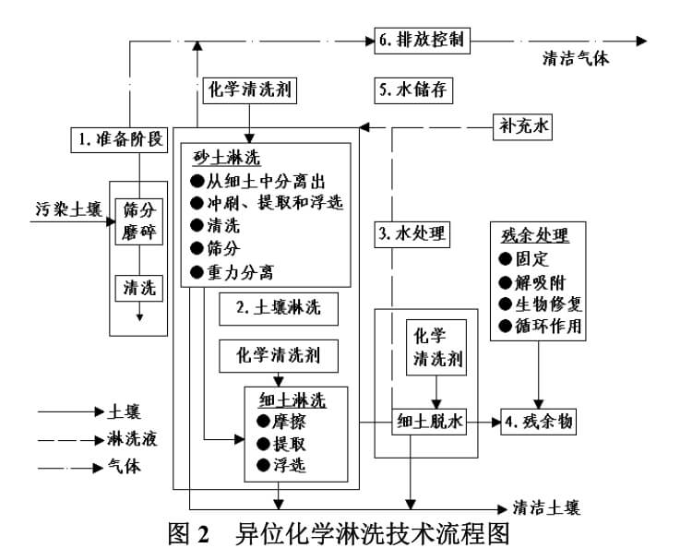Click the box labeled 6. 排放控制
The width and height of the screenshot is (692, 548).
[424, 40]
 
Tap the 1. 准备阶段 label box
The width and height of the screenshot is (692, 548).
[121, 139]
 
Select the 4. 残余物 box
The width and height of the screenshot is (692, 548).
[539, 422]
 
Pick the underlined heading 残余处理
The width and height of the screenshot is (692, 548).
[532, 235]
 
